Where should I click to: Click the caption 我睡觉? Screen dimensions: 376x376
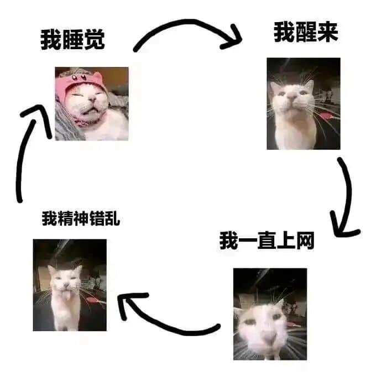(72, 40)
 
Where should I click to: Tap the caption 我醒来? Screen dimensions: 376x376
(306, 32)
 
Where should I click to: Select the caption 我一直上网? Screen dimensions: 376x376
(267, 241)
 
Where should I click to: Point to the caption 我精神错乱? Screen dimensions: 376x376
(81, 218)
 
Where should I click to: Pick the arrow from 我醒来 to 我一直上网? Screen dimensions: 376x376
(348, 192)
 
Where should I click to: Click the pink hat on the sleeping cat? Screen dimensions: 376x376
(79, 81)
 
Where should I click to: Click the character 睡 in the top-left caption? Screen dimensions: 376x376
(72, 40)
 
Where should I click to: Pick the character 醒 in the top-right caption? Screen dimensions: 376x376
(306, 32)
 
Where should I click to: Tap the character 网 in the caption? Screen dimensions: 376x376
(305, 241)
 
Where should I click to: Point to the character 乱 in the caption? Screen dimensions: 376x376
(112, 218)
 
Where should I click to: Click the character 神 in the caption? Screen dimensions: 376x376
(81, 218)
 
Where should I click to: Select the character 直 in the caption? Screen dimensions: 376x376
(267, 241)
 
